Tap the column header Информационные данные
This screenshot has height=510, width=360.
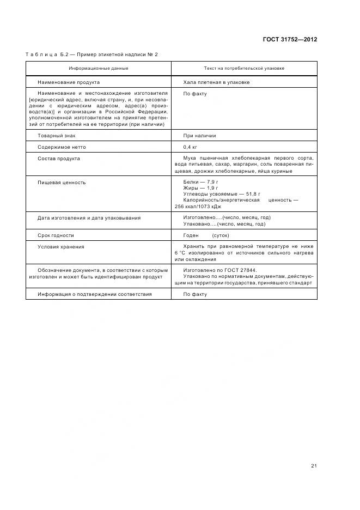pos(99,69)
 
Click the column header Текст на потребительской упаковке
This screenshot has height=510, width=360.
pos(243,69)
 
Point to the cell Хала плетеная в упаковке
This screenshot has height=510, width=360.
pos(216,82)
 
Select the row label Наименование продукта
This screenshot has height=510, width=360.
pos(68,82)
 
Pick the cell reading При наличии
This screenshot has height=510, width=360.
pos(199,136)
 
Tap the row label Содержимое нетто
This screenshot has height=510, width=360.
pos(62,147)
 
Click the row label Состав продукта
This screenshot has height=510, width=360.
pos(59,159)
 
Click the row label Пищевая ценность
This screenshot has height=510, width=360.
pos(61,183)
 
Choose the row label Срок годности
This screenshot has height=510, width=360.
pos(56,235)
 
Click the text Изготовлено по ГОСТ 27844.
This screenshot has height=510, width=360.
pos(220,270)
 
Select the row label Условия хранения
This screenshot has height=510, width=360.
pos(61,247)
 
